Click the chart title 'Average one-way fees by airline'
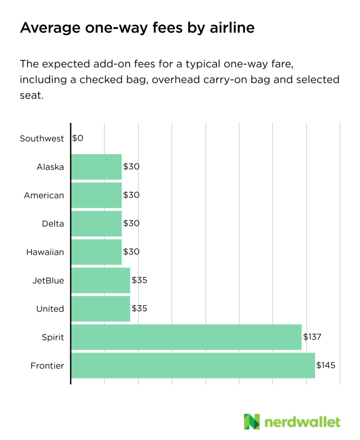[x=137, y=28]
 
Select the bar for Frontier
[x=193, y=365]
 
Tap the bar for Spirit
[x=186, y=337]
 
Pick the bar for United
[x=101, y=309]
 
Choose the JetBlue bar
[x=101, y=281]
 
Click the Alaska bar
[x=96, y=167]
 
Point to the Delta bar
[x=96, y=223]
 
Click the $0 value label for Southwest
[x=78, y=138]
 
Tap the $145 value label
[x=326, y=365]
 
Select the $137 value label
[x=313, y=337]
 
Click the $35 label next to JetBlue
[x=140, y=281]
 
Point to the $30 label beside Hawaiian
[x=131, y=252]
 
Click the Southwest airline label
[x=42, y=139]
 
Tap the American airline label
[x=44, y=195]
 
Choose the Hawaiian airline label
[x=45, y=252]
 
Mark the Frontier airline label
[x=47, y=366]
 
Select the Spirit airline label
[x=53, y=337]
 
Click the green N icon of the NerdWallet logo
[x=252, y=421]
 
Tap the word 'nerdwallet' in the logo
[x=302, y=422]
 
